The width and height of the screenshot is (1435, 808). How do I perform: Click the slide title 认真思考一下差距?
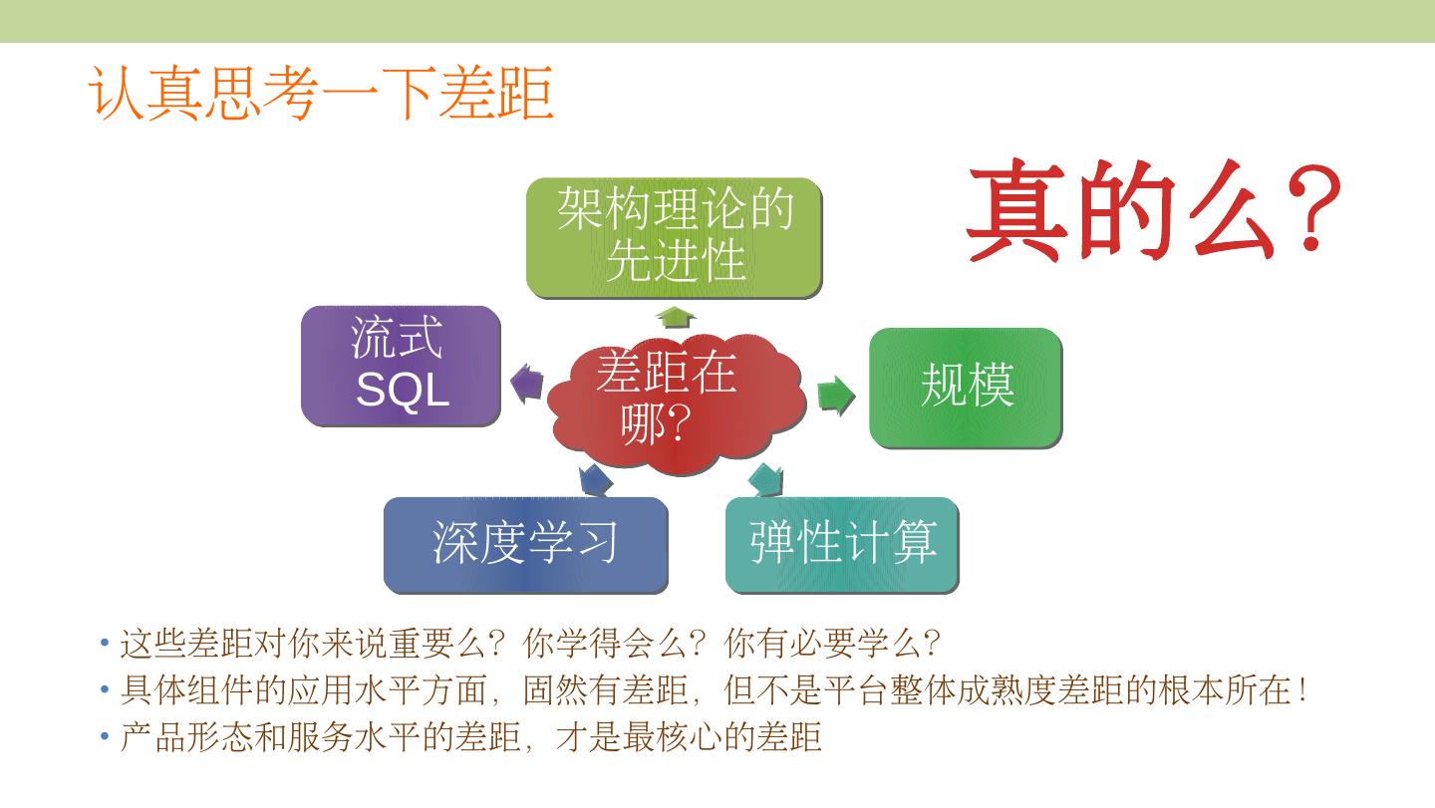pyautogui.click(x=321, y=95)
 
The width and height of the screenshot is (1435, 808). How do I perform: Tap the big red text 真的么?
pyautogui.click(x=1153, y=211)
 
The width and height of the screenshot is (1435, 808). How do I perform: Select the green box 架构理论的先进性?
pyautogui.click(x=675, y=237)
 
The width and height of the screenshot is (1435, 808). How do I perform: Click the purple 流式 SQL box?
pyautogui.click(x=401, y=366)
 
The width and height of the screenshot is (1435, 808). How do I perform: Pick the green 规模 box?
pyautogui.click(x=966, y=387)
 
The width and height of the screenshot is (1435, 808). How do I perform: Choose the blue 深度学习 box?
pyautogui.click(x=525, y=544)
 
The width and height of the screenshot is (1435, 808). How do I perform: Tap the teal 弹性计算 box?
pyautogui.click(x=842, y=544)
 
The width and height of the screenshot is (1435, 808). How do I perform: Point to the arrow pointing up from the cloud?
pyautogui.click(x=675, y=318)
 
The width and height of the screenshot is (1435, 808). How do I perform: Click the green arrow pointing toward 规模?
pyautogui.click(x=835, y=396)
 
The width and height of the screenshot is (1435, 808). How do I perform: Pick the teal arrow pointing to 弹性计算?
pyautogui.click(x=766, y=479)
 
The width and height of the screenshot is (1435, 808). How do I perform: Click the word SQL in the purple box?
pyautogui.click(x=403, y=390)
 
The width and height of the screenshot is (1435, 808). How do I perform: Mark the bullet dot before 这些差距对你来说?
pyautogui.click(x=105, y=644)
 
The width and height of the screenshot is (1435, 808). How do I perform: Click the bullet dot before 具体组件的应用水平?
pyautogui.click(x=105, y=690)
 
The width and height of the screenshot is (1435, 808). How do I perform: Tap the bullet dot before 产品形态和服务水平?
pyautogui.click(x=105, y=737)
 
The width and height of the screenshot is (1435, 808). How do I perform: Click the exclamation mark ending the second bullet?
pyautogui.click(x=1303, y=690)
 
